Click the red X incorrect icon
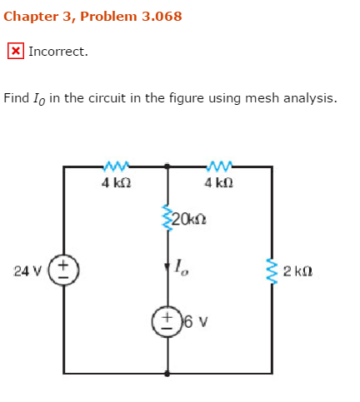tap(15, 51)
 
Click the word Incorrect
tap(58, 52)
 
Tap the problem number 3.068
tap(154, 16)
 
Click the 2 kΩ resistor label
tap(297, 270)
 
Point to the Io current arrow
tap(168, 267)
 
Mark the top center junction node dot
tap(168, 166)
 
